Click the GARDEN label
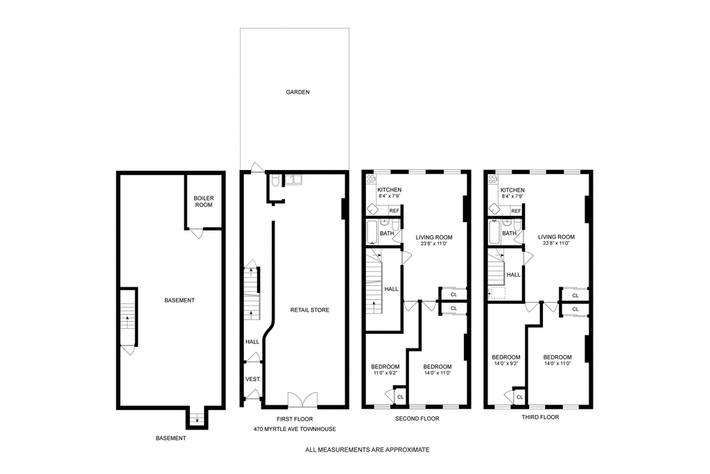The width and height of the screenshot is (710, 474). pos(297,92)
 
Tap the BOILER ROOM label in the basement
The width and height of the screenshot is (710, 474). pos(204,202)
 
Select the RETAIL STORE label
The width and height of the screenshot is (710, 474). pos(310,310)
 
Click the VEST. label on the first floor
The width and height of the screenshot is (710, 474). pos(252,380)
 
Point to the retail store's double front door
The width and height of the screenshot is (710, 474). pos(302,399)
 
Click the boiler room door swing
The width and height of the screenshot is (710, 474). pos(196,234)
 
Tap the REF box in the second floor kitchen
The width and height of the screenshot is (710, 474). pos(395,211)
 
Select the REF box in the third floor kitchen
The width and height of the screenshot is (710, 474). pos(516,211)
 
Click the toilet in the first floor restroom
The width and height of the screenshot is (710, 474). pos(275,181)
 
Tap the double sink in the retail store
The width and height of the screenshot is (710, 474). pos(294,180)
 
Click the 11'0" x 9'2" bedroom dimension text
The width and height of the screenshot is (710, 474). pos(385,373)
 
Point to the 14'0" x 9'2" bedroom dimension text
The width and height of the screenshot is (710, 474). pos(505,363)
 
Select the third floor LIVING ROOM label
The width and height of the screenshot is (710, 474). pos(556,237)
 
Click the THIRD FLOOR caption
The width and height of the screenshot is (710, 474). pos(540,417)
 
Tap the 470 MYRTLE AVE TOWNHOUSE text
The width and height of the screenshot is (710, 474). pos(295,429)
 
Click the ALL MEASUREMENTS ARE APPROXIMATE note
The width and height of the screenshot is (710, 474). pos(367,450)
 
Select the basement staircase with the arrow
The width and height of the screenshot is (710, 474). pos(128,316)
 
